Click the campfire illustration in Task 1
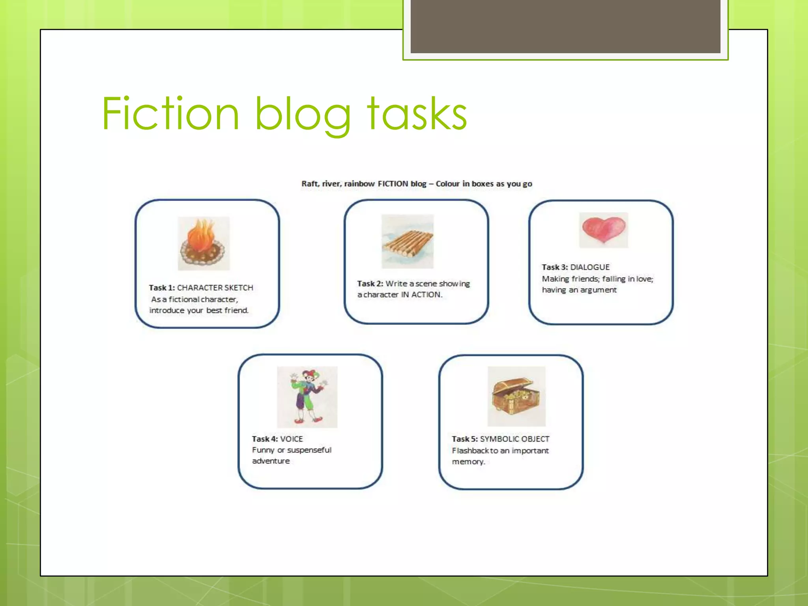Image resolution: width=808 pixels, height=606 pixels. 203,243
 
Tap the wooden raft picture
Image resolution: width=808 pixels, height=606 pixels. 408,241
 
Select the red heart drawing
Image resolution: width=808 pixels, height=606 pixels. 603,230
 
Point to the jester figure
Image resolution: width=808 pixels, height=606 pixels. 307,397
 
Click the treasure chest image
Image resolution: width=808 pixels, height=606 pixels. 516,396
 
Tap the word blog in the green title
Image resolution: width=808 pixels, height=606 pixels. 303,114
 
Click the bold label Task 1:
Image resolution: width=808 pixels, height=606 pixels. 162,288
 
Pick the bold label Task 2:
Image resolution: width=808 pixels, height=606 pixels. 370,284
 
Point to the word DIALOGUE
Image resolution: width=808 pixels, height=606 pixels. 590,267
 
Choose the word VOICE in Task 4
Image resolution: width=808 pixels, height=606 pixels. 292,439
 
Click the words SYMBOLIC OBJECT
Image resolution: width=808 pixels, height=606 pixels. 514,439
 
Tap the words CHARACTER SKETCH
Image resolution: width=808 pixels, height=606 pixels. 215,288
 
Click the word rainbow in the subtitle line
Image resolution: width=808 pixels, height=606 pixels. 359,184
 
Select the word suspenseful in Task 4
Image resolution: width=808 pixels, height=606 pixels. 309,450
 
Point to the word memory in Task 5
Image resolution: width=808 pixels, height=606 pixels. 468,462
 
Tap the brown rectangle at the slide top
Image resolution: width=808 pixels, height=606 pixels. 565,26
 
